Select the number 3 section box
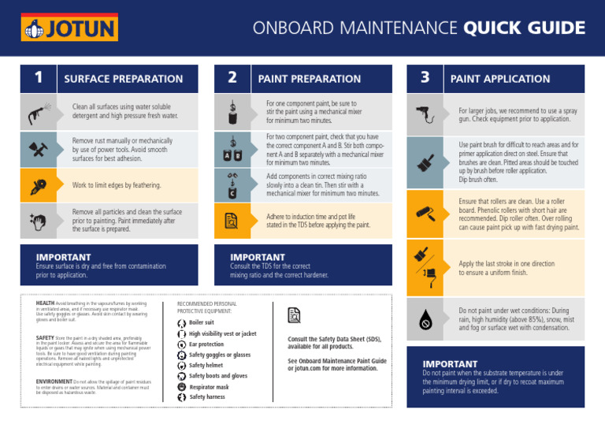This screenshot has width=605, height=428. click(425, 78)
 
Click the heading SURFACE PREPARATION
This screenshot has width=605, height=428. click(123, 79)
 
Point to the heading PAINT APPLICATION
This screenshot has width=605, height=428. click(499, 79)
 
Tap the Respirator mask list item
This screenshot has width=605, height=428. click(209, 387)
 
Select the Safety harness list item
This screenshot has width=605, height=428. click(206, 397)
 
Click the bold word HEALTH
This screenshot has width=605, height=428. click(45, 303)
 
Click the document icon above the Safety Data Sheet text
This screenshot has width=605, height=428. click(295, 315)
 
